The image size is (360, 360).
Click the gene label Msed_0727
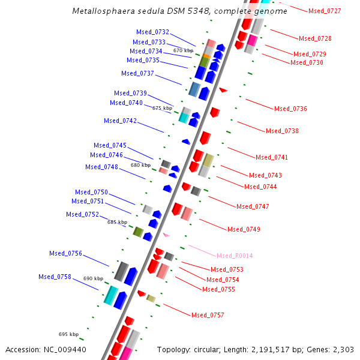(325, 11)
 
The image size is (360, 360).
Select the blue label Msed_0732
(152, 32)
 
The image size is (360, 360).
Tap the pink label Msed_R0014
(235, 256)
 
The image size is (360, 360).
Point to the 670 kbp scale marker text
(183, 50)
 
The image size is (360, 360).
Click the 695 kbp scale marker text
(68, 334)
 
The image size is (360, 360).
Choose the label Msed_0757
(208, 315)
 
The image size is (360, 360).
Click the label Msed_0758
(55, 277)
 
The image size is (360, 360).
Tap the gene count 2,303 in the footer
(343, 349)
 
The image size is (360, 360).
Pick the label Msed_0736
(290, 109)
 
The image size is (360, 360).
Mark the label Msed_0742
(120, 121)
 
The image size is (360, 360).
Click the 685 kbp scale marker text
(117, 222)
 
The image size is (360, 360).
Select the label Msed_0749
(244, 229)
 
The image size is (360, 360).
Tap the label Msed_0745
(110, 145)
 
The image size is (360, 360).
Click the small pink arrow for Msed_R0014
(166, 235)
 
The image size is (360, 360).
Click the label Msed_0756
(65, 253)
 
